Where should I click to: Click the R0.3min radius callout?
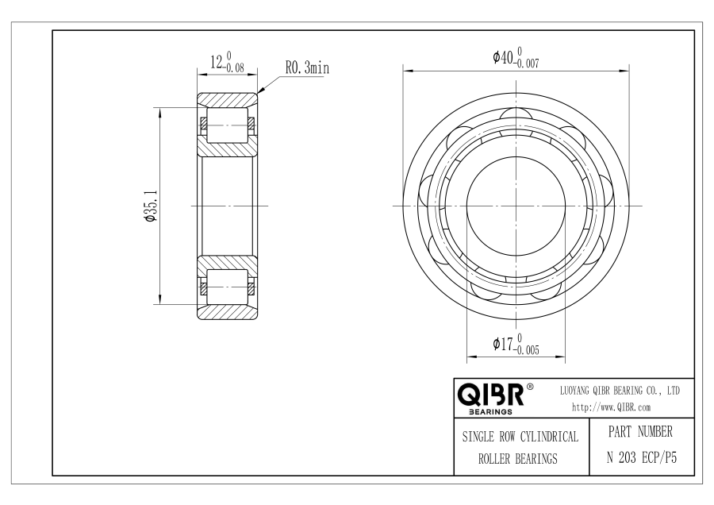(x=307, y=68)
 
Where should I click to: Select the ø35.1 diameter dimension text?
(x=151, y=206)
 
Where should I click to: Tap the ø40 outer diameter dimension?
(x=503, y=57)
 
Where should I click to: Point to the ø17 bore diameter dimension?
(x=503, y=344)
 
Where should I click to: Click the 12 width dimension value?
(x=217, y=61)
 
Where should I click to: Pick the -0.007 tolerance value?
(x=527, y=64)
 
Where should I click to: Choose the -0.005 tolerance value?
(x=527, y=350)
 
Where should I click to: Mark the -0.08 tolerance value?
(x=233, y=68)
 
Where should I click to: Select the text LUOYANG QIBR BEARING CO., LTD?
(x=620, y=391)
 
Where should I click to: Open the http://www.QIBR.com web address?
(x=611, y=407)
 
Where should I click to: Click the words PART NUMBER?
(x=640, y=432)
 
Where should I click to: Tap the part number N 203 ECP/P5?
(x=642, y=457)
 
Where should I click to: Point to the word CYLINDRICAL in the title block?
(x=549, y=437)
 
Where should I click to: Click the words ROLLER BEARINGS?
(x=518, y=458)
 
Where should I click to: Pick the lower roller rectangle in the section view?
(x=227, y=287)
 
